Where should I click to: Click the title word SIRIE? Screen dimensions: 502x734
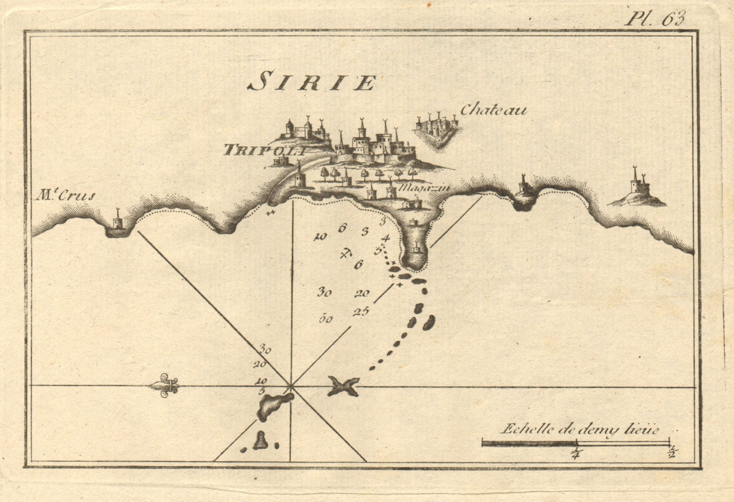311,83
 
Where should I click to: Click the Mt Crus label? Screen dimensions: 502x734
67,196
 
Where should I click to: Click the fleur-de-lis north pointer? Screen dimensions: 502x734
164,387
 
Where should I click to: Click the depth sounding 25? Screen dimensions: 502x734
361,312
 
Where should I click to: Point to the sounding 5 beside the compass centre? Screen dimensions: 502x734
261,391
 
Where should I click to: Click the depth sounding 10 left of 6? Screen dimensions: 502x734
320,237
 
